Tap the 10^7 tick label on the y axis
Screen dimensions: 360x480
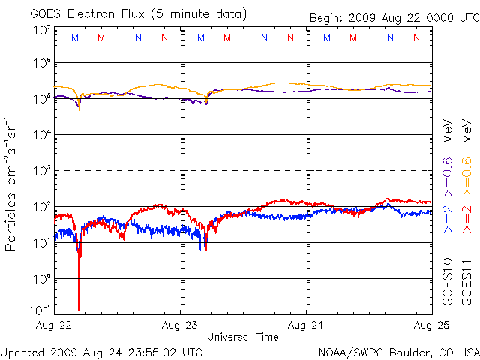coord(41,31)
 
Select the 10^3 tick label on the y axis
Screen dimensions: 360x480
coord(41,169)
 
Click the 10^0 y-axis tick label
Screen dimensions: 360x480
coord(41,277)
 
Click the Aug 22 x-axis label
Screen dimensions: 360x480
coord(54,325)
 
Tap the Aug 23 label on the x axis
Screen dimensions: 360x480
coord(180,325)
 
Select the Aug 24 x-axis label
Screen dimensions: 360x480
coord(306,325)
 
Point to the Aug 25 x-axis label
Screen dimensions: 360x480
coord(430,325)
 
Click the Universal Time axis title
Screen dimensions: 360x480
coord(242,337)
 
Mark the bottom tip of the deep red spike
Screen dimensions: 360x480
coord(79,310)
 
